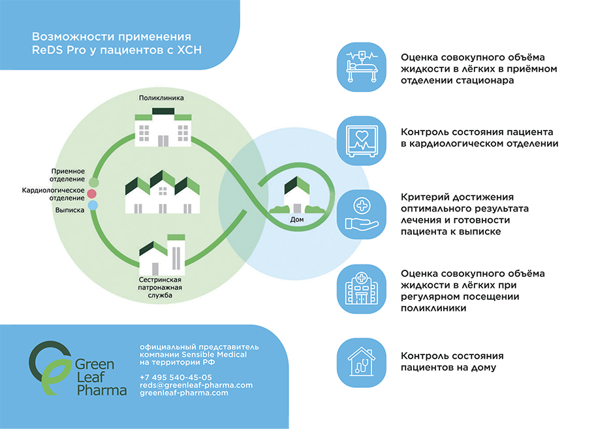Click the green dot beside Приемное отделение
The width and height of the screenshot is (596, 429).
tap(93, 182)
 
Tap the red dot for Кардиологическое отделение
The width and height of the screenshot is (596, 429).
tap(93, 194)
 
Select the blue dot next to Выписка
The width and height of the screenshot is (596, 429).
tap(93, 206)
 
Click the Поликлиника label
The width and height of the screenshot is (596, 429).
tap(161, 98)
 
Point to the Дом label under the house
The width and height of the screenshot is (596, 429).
tap(297, 219)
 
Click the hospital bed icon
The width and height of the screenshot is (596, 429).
tap(361, 66)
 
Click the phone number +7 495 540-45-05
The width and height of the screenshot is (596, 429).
tap(176, 377)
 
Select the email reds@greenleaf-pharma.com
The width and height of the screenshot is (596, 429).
tap(196, 385)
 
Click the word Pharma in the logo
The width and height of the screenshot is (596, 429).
tap(102, 390)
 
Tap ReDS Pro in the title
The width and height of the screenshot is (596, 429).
tap(55, 49)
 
